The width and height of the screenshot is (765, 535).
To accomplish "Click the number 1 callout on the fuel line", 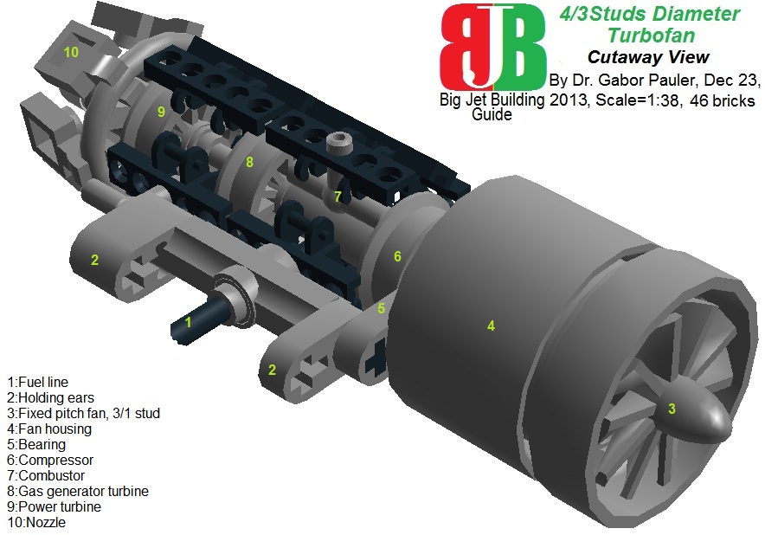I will tap(188, 323).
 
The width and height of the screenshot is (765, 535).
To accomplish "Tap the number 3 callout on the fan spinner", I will tap(671, 408).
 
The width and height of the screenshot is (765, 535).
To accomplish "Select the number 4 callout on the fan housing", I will tap(491, 326).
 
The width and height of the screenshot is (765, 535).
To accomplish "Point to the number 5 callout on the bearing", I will tap(381, 307).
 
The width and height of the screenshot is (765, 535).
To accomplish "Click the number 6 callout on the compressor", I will tap(397, 256).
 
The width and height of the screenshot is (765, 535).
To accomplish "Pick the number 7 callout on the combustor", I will tap(338, 197).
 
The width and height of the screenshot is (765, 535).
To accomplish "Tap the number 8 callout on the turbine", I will tap(249, 161).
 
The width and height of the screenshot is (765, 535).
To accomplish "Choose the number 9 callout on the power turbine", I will tap(161, 112).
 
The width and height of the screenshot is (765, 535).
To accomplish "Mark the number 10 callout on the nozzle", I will tap(71, 52).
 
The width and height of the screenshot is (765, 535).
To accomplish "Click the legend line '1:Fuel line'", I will tap(36, 382).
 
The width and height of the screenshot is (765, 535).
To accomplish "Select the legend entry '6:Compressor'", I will tap(49, 460).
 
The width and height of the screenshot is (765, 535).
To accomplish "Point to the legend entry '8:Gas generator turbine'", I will tap(77, 491).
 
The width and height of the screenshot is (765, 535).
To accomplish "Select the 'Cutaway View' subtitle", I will tap(648, 58).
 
